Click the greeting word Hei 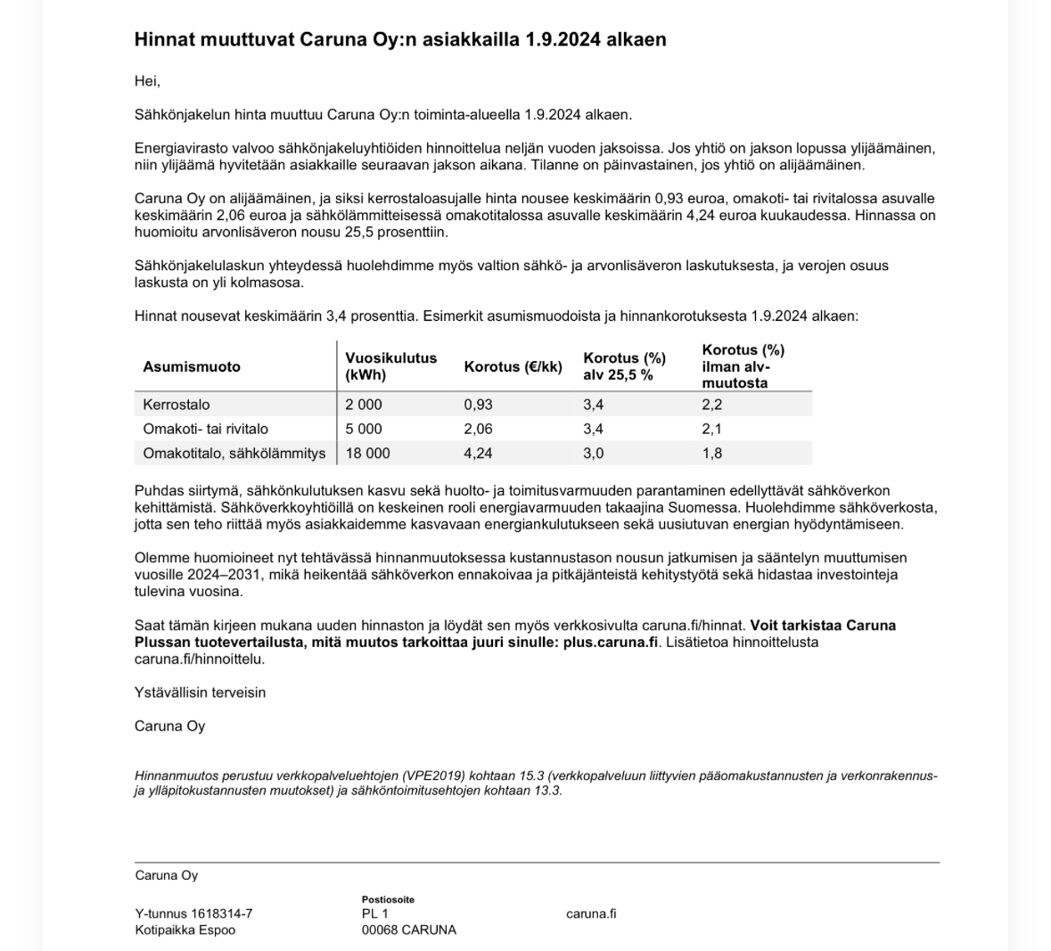147,81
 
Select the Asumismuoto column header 191,366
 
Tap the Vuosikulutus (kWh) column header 390,366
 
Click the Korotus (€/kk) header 513,366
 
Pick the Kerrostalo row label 177,405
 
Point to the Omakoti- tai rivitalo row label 205,429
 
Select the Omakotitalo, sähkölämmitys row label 234,453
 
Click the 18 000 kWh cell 367,453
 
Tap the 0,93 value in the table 478,405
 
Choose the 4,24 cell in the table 478,453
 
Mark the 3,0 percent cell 593,453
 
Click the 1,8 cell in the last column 711,453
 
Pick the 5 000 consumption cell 364,429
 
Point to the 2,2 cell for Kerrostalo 711,405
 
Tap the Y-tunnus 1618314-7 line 193,914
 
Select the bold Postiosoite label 388,899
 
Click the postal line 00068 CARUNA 408,930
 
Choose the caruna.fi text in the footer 591,914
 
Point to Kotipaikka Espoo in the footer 185,930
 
